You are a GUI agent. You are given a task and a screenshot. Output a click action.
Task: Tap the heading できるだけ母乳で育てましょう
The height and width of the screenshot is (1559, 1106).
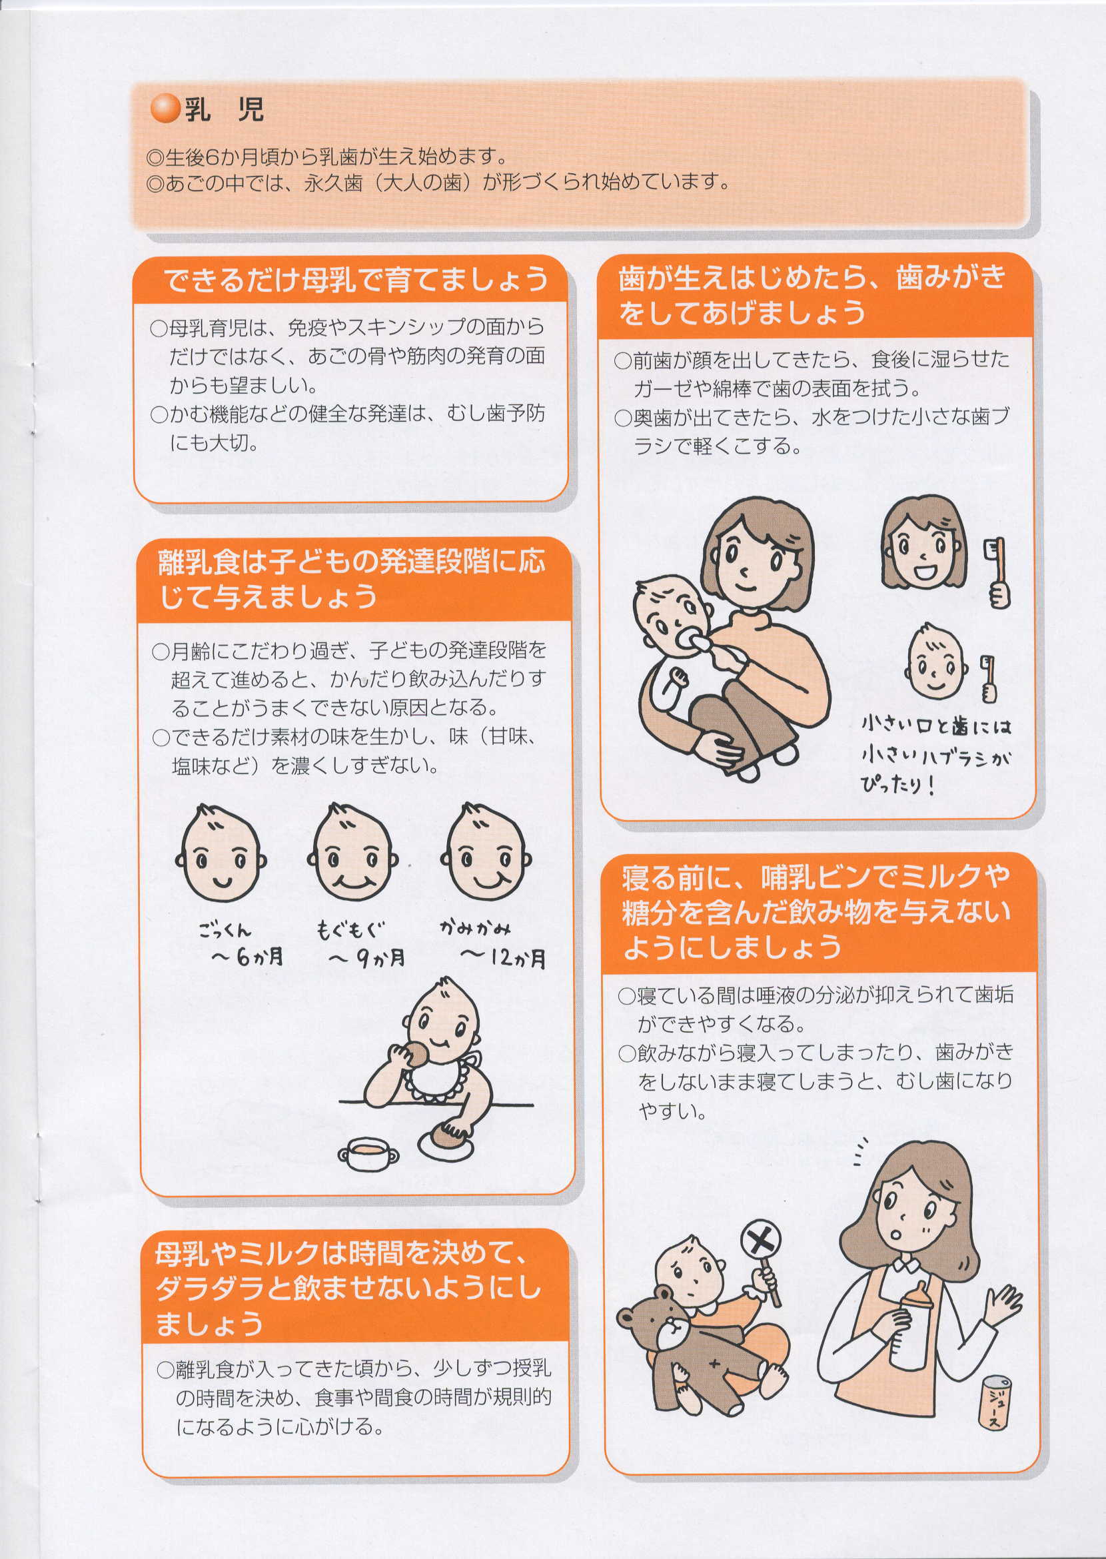[356, 280]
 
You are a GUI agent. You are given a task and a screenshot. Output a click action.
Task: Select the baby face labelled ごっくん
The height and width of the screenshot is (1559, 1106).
[220, 853]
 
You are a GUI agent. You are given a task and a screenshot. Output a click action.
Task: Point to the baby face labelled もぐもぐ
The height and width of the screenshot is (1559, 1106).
[352, 853]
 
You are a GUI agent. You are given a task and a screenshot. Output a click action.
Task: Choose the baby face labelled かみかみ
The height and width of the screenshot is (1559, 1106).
[486, 853]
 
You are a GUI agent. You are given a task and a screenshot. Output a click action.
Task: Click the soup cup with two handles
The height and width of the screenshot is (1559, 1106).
[368, 1153]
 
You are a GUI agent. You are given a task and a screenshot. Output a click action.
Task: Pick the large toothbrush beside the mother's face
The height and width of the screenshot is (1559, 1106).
[997, 573]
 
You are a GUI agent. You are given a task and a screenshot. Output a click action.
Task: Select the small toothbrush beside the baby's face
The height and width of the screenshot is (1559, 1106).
[988, 678]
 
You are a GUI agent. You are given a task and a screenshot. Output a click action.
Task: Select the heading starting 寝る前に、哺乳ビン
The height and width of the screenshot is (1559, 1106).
[816, 911]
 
